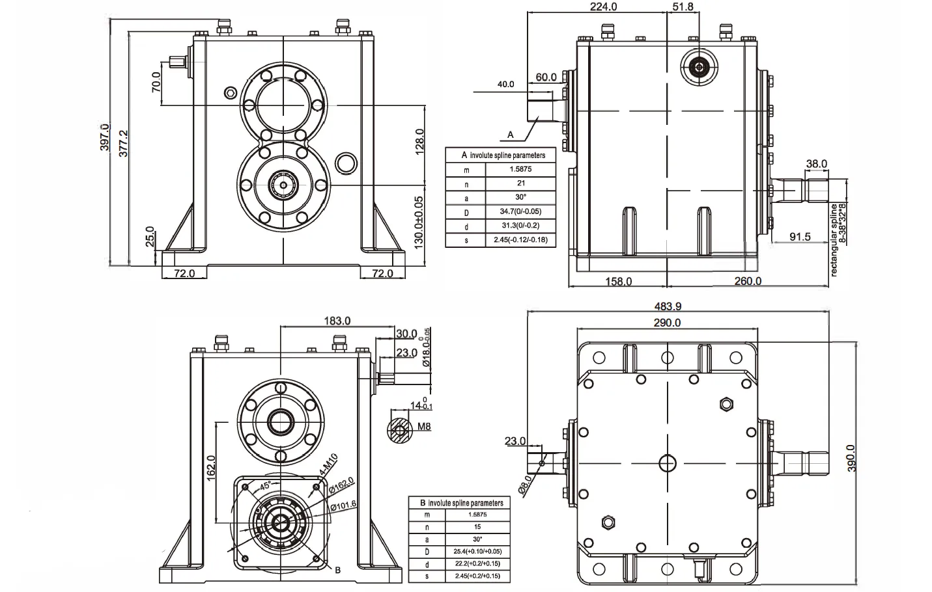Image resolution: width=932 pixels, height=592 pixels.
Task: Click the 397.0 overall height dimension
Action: [105, 137]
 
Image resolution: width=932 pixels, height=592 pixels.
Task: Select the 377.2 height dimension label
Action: [123, 142]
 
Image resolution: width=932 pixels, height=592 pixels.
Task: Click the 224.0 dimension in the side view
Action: [603, 7]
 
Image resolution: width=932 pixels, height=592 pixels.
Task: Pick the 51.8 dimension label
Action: [682, 7]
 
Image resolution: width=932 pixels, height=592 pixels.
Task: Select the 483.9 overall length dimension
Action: [668, 306]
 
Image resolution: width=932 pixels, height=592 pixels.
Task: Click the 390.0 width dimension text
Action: [851, 458]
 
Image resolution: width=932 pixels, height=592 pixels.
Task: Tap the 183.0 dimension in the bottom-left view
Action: [337, 321]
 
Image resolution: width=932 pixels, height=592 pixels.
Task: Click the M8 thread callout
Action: [424, 427]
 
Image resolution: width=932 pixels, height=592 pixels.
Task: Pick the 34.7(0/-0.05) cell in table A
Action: [520, 211]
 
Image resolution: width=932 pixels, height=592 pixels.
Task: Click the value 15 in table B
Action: [477, 526]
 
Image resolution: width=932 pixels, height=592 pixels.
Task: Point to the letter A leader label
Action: [511, 135]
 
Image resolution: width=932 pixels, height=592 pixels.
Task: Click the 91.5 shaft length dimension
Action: [800, 237]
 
